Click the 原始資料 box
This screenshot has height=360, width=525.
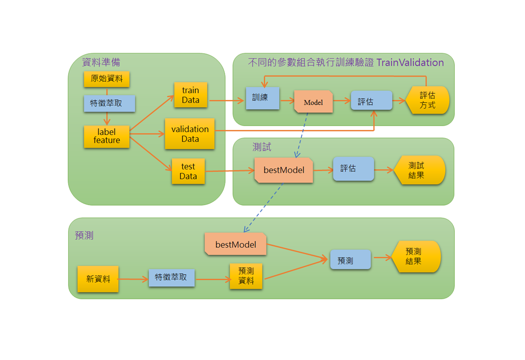107,79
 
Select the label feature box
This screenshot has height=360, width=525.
107,136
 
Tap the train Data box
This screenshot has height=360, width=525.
191,95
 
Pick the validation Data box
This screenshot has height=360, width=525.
190,134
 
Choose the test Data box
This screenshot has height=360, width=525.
188,171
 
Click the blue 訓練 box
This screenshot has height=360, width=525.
262,98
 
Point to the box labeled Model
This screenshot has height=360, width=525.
313,102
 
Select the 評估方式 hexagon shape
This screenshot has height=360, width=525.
427,100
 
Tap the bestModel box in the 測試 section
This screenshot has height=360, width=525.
284,170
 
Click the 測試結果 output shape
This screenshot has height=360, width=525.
419,170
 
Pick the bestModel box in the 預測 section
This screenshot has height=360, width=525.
236,244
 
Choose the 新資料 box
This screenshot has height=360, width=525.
98,279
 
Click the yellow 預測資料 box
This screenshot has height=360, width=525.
246,276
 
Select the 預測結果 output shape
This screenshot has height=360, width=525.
416,257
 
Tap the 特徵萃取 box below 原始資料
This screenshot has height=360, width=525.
109,103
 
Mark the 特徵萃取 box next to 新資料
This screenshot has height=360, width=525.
172,277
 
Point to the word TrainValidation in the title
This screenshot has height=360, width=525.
410,63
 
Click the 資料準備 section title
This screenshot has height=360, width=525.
101,62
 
